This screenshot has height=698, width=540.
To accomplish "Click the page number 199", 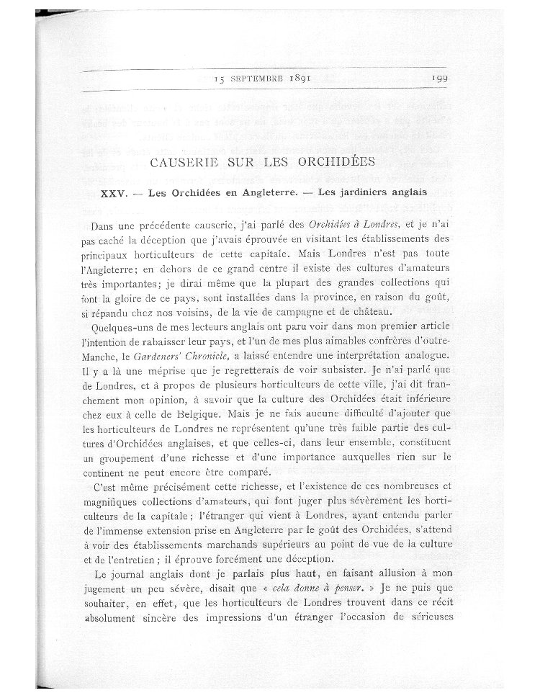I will [441, 80].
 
